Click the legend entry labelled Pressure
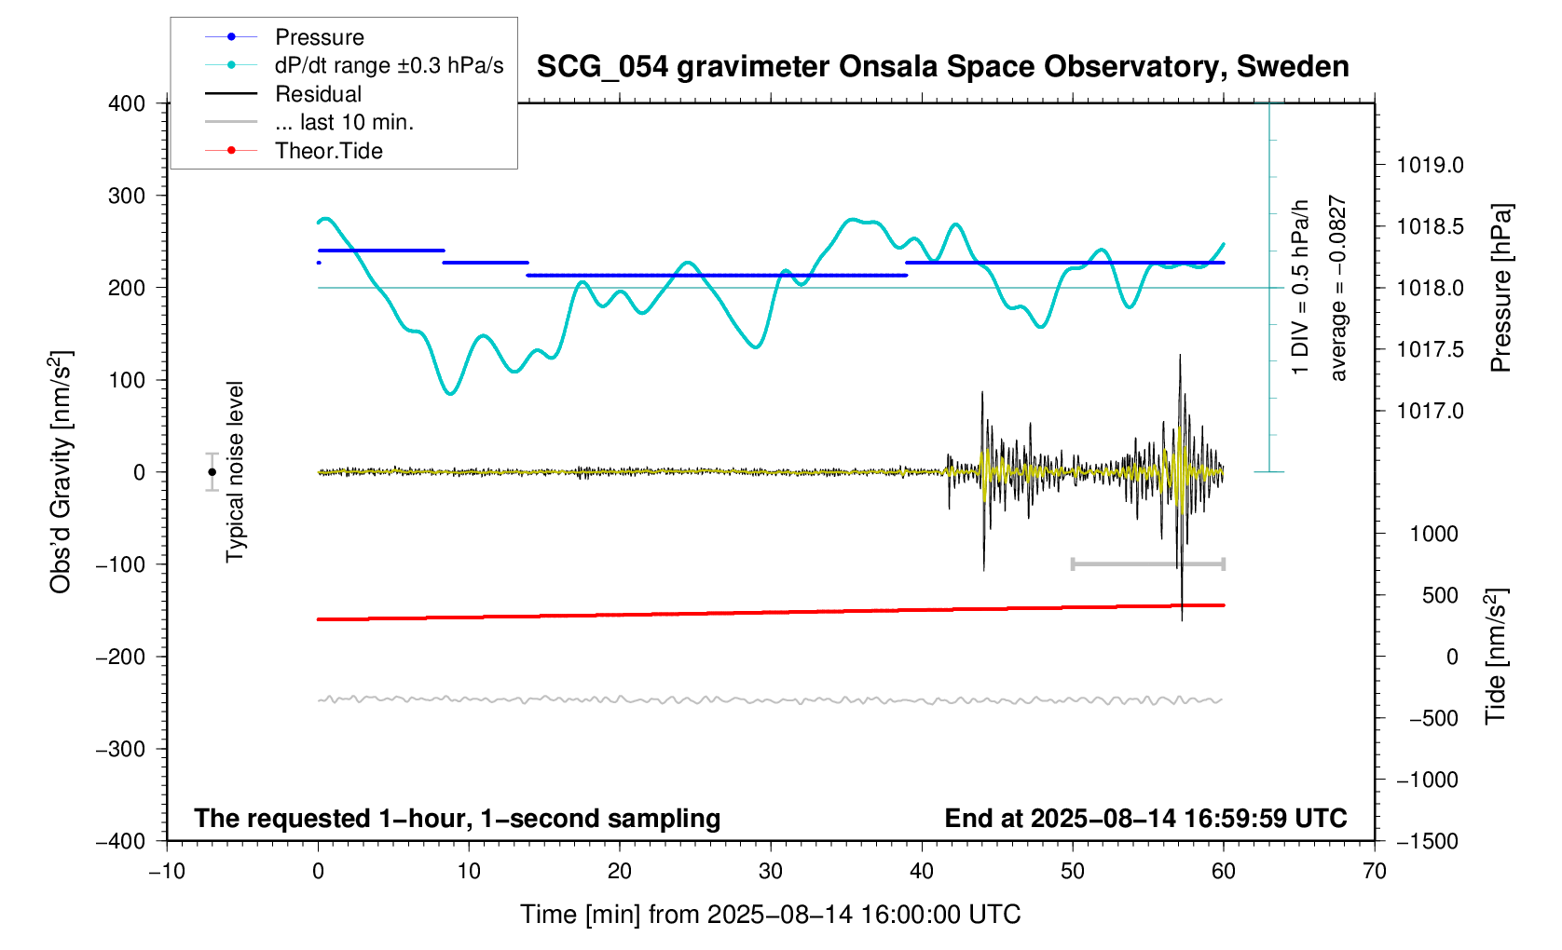coord(319,37)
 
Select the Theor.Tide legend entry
coord(328,151)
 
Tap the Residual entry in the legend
coord(318,94)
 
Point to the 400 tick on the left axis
coord(127,103)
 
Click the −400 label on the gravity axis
coord(121,841)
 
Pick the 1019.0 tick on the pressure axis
coord(1430,166)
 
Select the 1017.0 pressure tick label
coord(1430,411)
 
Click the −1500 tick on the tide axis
coord(1427,841)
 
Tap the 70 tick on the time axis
coord(1374,872)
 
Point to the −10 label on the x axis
coord(167,872)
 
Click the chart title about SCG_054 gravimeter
coord(942,67)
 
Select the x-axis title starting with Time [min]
coord(770,915)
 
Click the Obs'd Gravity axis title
coord(61,472)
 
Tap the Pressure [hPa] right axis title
coord(1500,288)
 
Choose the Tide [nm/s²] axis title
coord(1496,657)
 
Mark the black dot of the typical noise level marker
coord(212,472)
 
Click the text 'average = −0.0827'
coord(1338,288)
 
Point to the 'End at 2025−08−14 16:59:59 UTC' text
coord(1145,819)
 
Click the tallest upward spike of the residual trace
coord(1180,357)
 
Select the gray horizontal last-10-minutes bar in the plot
coord(1147,564)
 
